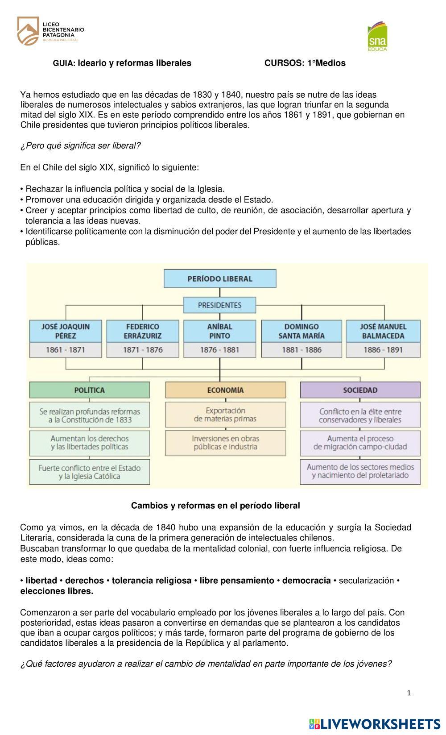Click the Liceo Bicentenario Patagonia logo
pos(50,31)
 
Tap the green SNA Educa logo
pos(377,36)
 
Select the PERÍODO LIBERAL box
pos(220,278)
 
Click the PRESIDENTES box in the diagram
pos(220,305)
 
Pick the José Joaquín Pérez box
pos(66,331)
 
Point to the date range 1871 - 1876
pos(143,350)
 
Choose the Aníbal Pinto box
pos(220,331)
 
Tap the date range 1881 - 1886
pos(301,350)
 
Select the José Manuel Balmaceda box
pos(383,331)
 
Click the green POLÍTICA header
pos(89,390)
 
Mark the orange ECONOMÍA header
pos(225,390)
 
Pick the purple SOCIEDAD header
pos(360,390)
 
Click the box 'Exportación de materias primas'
pos(225,415)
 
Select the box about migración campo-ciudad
pos(360,443)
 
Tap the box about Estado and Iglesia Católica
pos(89,472)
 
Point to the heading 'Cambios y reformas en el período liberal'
pos(215,506)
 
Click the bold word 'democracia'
pos(306,581)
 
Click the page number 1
pos(409,693)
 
